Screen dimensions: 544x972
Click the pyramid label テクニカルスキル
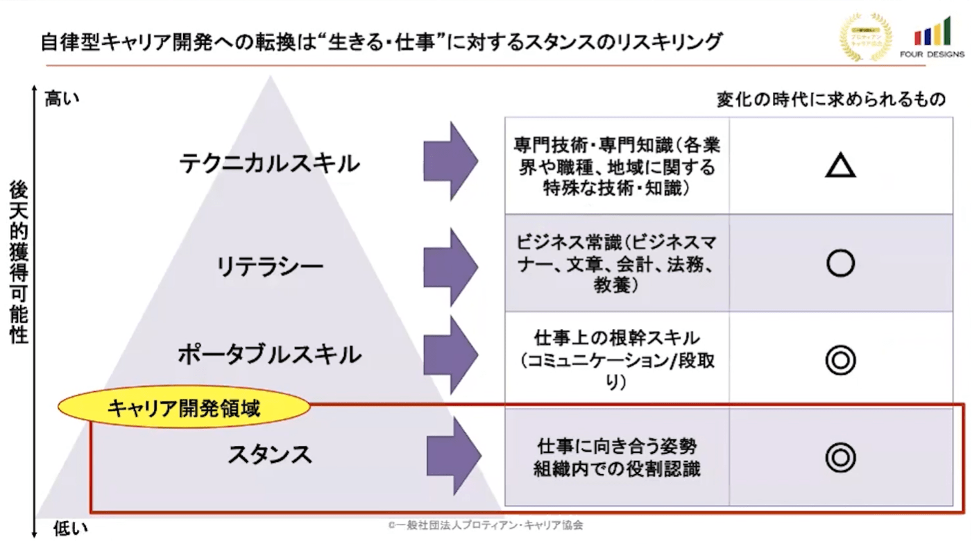pyautogui.click(x=269, y=164)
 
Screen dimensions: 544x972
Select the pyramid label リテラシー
pyautogui.click(x=269, y=266)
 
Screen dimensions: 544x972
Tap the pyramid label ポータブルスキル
pyautogui.click(x=269, y=355)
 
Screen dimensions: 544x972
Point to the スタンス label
pyautogui.click(x=270, y=454)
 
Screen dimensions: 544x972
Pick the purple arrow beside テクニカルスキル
pyautogui.click(x=450, y=161)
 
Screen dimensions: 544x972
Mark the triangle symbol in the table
pyautogui.click(x=840, y=165)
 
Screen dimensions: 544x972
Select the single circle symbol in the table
pyautogui.click(x=840, y=264)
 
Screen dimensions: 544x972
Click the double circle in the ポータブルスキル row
pyautogui.click(x=840, y=360)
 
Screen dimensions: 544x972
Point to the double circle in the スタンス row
pyautogui.click(x=840, y=457)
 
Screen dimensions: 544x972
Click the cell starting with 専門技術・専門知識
pyautogui.click(x=617, y=166)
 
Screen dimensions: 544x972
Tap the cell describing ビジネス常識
pyautogui.click(x=617, y=264)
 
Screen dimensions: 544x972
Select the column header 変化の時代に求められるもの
pyautogui.click(x=831, y=99)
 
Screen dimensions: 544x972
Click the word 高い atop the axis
pyautogui.click(x=62, y=99)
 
